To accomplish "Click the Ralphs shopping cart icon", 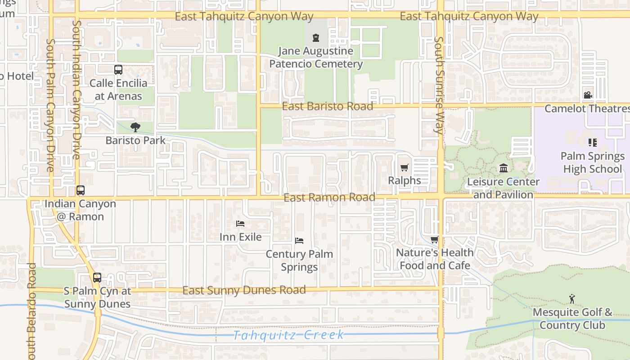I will click(404, 168).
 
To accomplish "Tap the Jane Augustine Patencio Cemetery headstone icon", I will click(316, 38).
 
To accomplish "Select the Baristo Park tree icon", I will click(135, 127).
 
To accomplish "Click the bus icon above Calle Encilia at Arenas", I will click(118, 70).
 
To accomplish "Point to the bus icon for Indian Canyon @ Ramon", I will click(81, 190).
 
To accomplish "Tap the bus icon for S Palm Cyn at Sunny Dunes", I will click(97, 278).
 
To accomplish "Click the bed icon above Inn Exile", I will click(240, 224).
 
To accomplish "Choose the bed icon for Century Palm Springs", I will click(299, 241).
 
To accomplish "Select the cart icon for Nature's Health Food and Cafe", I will click(434, 240).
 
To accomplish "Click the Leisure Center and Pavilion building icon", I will click(504, 168).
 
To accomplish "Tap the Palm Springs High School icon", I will click(593, 143).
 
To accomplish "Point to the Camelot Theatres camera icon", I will click(588, 95).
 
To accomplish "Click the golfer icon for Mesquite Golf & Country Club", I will click(572, 298).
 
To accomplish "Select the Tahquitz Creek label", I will click(288, 335).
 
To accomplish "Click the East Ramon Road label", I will click(329, 197).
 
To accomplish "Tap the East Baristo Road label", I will click(328, 106).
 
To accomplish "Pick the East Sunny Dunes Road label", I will click(244, 290).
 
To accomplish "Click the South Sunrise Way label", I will click(439, 85).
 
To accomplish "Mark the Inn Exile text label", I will click(240, 237).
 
